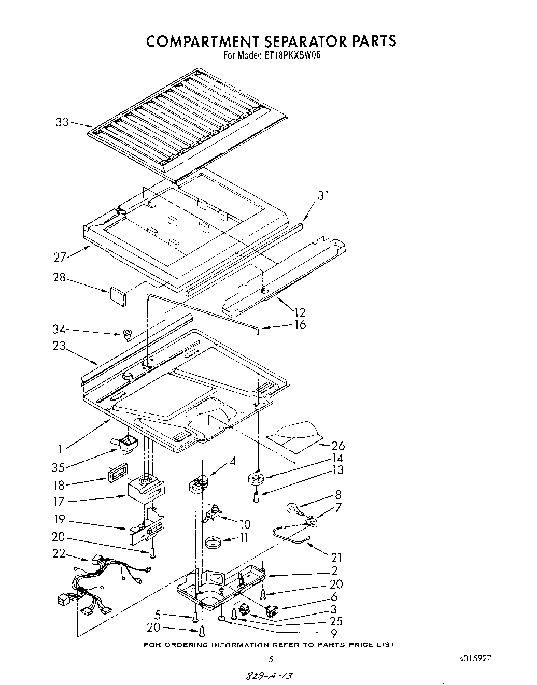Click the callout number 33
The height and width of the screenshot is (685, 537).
[x=62, y=123]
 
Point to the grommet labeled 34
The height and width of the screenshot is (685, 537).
[x=126, y=333]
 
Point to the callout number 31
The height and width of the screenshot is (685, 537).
[x=323, y=196]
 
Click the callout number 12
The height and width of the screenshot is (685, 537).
[x=300, y=312]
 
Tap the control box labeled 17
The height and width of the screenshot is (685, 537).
[x=147, y=489]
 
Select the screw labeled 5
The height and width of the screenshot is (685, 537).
[x=195, y=617]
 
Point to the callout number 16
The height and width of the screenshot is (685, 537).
[x=300, y=325]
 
